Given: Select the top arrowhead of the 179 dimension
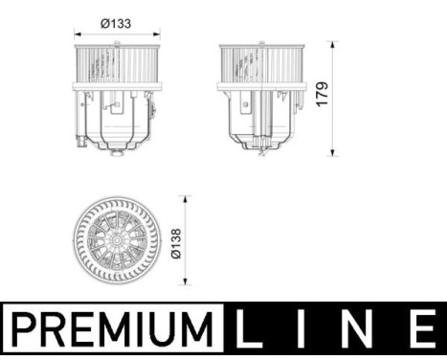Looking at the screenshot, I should click(333, 44).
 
